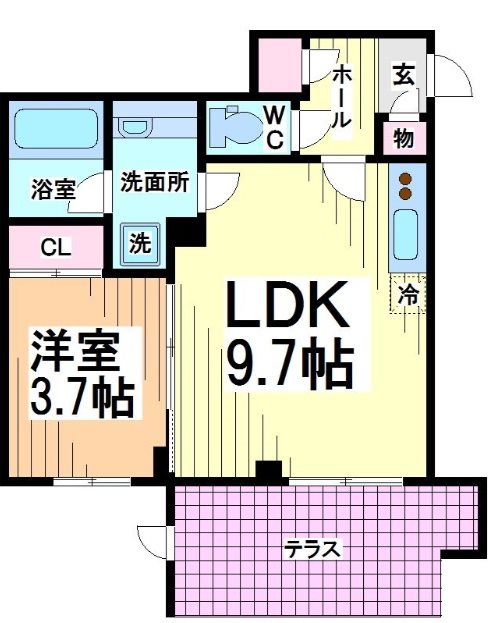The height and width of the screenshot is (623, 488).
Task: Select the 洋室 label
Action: (76, 353)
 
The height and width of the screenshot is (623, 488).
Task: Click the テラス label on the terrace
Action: (313, 548)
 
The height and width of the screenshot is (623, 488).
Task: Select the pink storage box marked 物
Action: (403, 138)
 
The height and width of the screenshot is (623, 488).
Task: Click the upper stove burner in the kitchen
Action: (406, 179)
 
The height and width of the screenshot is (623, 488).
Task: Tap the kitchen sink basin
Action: (405, 236)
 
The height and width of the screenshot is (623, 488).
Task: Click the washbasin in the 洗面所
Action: (133, 127)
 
